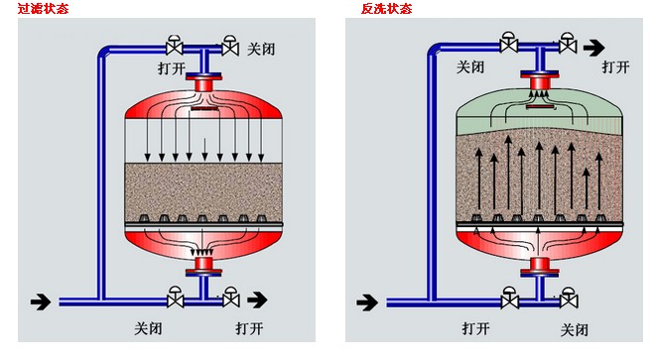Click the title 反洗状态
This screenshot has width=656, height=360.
pyautogui.click(x=386, y=8)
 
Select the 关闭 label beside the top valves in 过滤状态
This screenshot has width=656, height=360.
pyautogui.click(x=260, y=47)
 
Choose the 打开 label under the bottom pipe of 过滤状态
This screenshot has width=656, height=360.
pyautogui.click(x=250, y=328)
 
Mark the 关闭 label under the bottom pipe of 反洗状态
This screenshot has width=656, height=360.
pyautogui.click(x=576, y=328)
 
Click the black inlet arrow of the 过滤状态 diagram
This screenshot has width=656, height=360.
pyautogui.click(x=41, y=299)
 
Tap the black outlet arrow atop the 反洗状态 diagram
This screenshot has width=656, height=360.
pyautogui.click(x=593, y=45)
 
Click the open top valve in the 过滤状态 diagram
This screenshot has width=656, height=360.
pyautogui.click(x=174, y=45)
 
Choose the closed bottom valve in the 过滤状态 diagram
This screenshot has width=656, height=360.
pyautogui.click(x=175, y=297)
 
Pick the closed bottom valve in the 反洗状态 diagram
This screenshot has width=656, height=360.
pyautogui.click(x=569, y=297)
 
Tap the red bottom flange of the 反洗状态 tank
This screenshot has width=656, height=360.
pyautogui.click(x=539, y=266)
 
